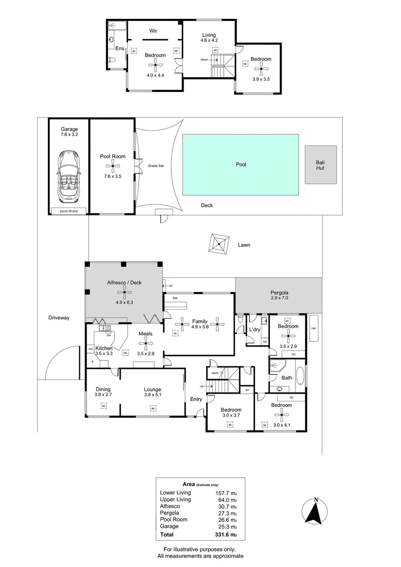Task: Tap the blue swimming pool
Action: pyautogui.click(x=240, y=164)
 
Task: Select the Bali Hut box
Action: pyautogui.click(x=320, y=165)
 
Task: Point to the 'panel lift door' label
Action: pyautogui.click(x=68, y=211)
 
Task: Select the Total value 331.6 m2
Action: pyautogui.click(x=226, y=535)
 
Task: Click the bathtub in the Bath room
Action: pyautogui.click(x=300, y=376)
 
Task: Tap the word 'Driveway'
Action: pyautogui.click(x=59, y=318)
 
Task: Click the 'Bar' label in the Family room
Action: pyautogui.click(x=170, y=298)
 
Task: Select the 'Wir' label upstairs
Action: pyautogui.click(x=154, y=31)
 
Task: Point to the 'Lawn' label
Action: pyautogui.click(x=244, y=245)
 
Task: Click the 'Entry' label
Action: pyautogui.click(x=196, y=400)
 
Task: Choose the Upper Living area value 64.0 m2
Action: pyautogui.click(x=226, y=499)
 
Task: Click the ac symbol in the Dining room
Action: pyautogui.click(x=103, y=406)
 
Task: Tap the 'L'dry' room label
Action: pyautogui.click(x=255, y=330)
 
